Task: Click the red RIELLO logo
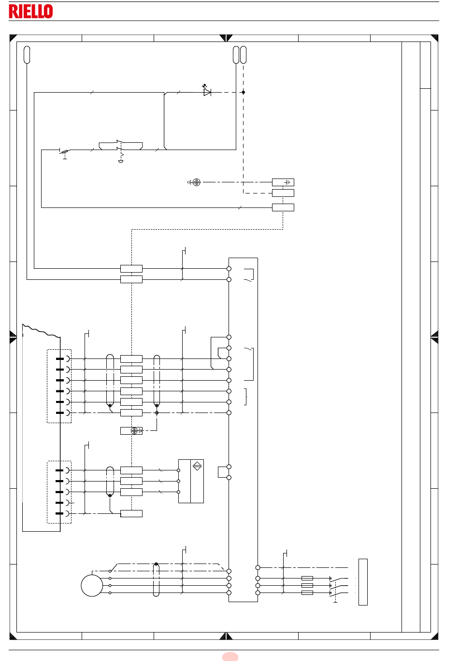(x=31, y=11)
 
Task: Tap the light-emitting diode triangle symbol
(x=207, y=92)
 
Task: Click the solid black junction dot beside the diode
(x=243, y=92)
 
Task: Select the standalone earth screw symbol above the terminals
(x=197, y=182)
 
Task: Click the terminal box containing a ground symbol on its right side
(x=283, y=182)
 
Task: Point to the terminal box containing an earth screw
(x=131, y=431)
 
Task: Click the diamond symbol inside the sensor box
(x=197, y=466)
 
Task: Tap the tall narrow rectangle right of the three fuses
(x=363, y=582)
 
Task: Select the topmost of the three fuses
(x=307, y=578)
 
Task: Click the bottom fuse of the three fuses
(x=307, y=592)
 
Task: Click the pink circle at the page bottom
(x=230, y=656)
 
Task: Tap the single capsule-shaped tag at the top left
(x=27, y=55)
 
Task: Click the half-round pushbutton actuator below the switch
(x=121, y=161)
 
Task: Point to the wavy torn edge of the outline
(x=42, y=331)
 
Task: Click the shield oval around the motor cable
(x=156, y=579)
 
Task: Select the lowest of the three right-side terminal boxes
(x=283, y=207)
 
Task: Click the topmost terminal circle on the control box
(x=229, y=269)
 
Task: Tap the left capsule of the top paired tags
(x=236, y=55)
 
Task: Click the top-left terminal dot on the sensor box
(x=178, y=470)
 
